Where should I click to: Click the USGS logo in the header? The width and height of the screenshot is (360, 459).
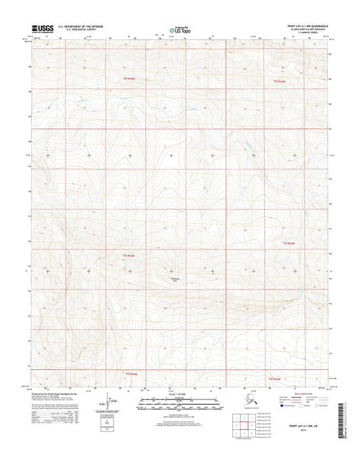[x=42, y=30]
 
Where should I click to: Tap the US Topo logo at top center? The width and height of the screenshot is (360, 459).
[x=180, y=30]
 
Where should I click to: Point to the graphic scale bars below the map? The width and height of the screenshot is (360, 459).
[x=180, y=404]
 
